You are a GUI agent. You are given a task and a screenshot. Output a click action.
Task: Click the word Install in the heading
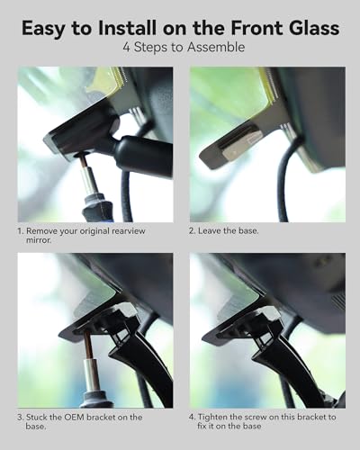pos(127,28)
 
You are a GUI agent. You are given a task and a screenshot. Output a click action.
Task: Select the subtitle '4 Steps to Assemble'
pos(184,47)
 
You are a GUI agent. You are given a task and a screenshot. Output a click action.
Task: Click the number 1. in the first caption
pos(20,231)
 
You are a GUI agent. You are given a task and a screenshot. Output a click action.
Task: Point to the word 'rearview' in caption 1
pos(129,231)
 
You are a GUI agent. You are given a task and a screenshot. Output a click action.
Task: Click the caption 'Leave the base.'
pos(229,231)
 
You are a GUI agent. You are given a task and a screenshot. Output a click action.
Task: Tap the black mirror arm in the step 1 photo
pos(141,150)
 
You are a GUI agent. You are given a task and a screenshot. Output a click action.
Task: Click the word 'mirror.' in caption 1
pos(39,240)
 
